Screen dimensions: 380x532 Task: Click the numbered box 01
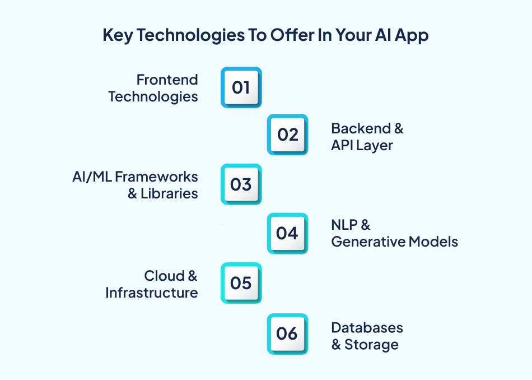click(241, 87)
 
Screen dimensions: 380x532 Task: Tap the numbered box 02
click(287, 135)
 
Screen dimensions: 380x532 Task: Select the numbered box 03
click(241, 184)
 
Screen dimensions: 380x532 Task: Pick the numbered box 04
click(287, 233)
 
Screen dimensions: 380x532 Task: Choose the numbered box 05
click(241, 283)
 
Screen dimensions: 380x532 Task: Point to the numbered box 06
click(287, 333)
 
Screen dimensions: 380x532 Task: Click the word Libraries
click(169, 193)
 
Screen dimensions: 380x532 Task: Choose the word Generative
click(368, 242)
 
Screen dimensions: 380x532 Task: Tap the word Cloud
click(164, 276)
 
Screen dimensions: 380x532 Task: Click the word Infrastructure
click(151, 293)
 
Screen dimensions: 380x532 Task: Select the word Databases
click(367, 327)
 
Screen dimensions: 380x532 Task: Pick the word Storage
click(371, 344)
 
